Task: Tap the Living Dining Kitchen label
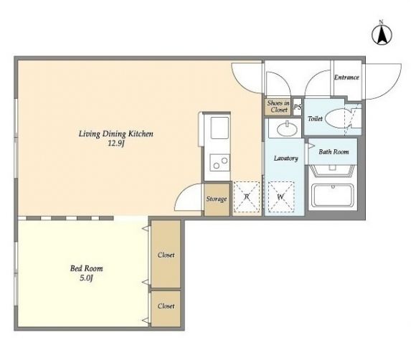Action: click(116, 134)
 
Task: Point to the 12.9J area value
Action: click(116, 143)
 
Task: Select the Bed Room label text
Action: click(86, 268)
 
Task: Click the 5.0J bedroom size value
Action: click(86, 278)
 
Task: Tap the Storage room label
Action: click(217, 199)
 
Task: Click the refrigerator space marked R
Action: click(247, 196)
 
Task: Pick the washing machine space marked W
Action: click(281, 196)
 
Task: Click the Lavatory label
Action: click(286, 158)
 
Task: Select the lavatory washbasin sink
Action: click(288, 129)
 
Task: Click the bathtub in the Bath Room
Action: click(333, 195)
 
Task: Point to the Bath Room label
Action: click(334, 152)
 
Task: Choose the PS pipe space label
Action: click(298, 107)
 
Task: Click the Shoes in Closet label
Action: click(278, 106)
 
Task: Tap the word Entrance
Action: click(346, 77)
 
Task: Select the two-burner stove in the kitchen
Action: click(220, 163)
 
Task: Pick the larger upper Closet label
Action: click(166, 255)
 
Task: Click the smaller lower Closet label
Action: click(166, 306)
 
